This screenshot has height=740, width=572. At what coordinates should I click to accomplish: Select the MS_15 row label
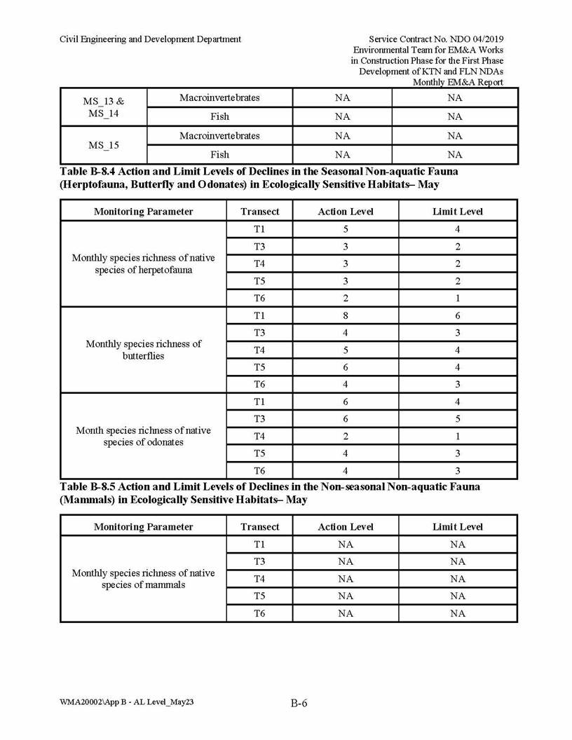pyautogui.click(x=104, y=146)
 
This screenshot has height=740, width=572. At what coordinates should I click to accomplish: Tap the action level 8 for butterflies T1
pyautogui.click(x=346, y=315)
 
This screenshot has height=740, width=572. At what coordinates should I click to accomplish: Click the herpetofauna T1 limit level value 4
pyautogui.click(x=458, y=229)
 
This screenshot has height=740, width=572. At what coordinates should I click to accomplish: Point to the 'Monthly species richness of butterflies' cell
pyautogui.click(x=143, y=350)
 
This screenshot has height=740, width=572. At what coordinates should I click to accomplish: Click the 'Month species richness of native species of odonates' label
pyautogui.click(x=143, y=436)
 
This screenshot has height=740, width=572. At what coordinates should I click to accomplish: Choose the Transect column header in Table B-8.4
pyautogui.click(x=259, y=212)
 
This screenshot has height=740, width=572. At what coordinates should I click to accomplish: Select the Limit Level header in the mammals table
pyautogui.click(x=458, y=527)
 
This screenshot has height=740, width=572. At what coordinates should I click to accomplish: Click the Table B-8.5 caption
pyautogui.click(x=270, y=493)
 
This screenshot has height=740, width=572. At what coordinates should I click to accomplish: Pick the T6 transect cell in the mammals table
pyautogui.click(x=259, y=613)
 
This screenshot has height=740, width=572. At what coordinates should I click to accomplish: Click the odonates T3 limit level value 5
pyautogui.click(x=458, y=418)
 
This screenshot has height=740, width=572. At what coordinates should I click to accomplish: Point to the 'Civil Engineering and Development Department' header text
pyautogui.click(x=151, y=39)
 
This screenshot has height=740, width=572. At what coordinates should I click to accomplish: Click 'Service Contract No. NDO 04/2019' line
pyautogui.click(x=436, y=39)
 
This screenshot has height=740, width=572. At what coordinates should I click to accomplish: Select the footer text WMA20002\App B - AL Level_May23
pyautogui.click(x=127, y=701)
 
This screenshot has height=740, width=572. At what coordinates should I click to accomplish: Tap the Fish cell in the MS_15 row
pyautogui.click(x=219, y=155)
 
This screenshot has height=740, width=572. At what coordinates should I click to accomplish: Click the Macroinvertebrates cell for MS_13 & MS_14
pyautogui.click(x=219, y=97)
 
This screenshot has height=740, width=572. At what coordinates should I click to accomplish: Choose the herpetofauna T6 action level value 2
pyautogui.click(x=346, y=298)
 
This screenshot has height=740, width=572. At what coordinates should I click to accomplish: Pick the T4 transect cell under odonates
pyautogui.click(x=259, y=436)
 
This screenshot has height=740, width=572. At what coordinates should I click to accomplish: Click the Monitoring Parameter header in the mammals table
pyautogui.click(x=143, y=527)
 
